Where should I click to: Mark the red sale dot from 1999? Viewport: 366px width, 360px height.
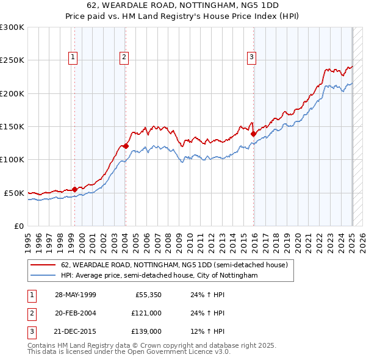pyautogui.click(x=74, y=189)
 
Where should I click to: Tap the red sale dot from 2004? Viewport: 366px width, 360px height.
pyautogui.click(x=126, y=146)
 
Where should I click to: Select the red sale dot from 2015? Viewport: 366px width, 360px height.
pyautogui.click(x=253, y=134)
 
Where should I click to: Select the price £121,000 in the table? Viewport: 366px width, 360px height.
pyautogui.click(x=146, y=313)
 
